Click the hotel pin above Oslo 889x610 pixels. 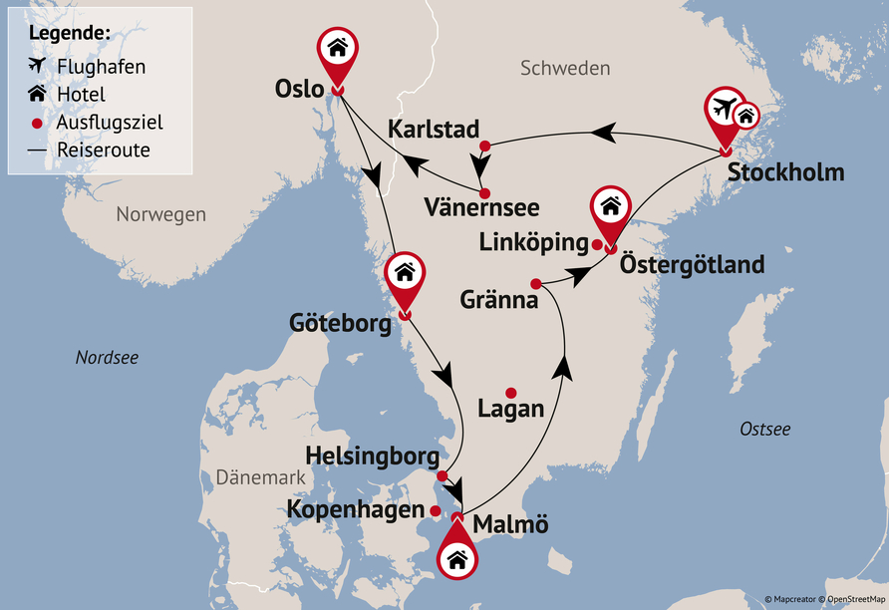(338, 50)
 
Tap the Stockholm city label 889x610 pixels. (785, 172)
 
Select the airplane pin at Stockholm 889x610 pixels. (726, 110)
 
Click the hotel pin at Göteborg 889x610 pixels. (405, 275)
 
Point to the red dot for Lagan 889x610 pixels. (511, 393)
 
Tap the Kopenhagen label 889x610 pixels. (356, 510)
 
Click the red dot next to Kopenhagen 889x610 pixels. (436, 510)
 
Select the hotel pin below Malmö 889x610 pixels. (457, 557)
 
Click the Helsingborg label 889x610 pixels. (372, 457)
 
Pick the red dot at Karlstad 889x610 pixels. (485, 147)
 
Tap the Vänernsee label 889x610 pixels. (480, 208)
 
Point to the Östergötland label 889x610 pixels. (692, 265)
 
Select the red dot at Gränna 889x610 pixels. (536, 282)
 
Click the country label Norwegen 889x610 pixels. (160, 214)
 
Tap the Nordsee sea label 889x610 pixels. (107, 357)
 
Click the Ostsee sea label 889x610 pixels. (764, 430)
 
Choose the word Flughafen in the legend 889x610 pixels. (103, 67)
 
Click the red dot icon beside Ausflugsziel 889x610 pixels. (38, 123)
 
